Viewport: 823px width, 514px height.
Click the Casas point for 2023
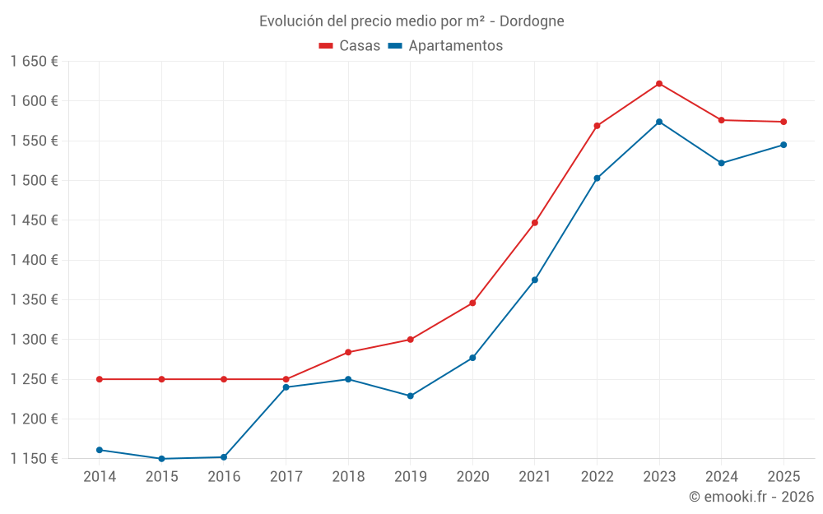(659, 84)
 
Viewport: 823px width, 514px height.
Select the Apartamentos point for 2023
(659, 122)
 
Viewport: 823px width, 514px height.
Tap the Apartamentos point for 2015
(161, 459)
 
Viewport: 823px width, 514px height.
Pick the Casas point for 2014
(100, 379)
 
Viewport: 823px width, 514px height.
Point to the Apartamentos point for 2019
(411, 396)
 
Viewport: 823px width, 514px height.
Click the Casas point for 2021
(535, 223)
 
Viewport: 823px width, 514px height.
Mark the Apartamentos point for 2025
(783, 145)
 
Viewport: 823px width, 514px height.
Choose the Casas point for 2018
(348, 352)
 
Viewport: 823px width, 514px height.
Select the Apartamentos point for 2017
(286, 387)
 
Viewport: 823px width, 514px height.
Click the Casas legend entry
(350, 46)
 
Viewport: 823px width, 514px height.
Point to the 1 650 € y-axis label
(34, 61)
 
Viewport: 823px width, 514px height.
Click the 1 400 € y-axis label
(34, 260)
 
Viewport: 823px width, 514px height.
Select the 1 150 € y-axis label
(34, 459)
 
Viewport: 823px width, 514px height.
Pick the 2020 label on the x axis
(472, 476)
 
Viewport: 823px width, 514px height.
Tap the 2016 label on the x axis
(224, 476)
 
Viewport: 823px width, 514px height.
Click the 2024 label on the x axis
(722, 476)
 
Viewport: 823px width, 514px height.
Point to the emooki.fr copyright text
(751, 497)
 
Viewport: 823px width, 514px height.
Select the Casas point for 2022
(597, 126)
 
